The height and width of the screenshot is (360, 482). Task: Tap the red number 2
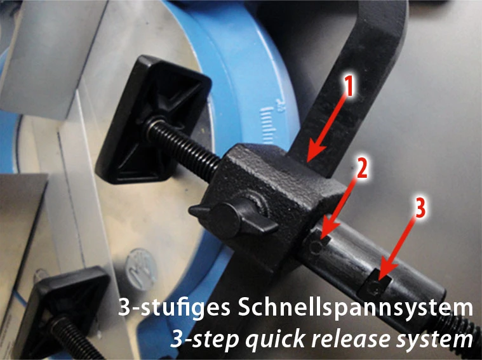(361, 168)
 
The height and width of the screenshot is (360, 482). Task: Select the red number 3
(420, 208)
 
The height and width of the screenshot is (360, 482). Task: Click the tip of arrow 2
(321, 239)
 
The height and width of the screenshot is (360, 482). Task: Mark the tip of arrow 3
(379, 279)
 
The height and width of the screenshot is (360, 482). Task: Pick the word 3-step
(204, 339)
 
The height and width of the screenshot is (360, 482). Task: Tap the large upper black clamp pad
(153, 119)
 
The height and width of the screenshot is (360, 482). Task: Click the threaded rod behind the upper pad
(184, 145)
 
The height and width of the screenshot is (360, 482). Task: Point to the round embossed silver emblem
(142, 269)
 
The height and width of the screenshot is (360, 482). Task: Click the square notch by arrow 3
(375, 286)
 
